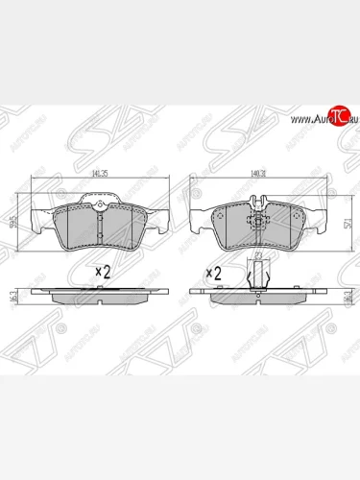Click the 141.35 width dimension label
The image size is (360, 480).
tap(98, 175)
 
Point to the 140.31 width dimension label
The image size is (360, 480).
tap(257, 175)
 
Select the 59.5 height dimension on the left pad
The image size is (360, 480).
tap(11, 223)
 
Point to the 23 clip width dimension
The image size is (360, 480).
tap(258, 256)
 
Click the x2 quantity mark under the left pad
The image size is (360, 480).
tap(103, 271)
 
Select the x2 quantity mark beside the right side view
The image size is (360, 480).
tap(213, 273)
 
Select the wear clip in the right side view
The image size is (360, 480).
tap(256, 279)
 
